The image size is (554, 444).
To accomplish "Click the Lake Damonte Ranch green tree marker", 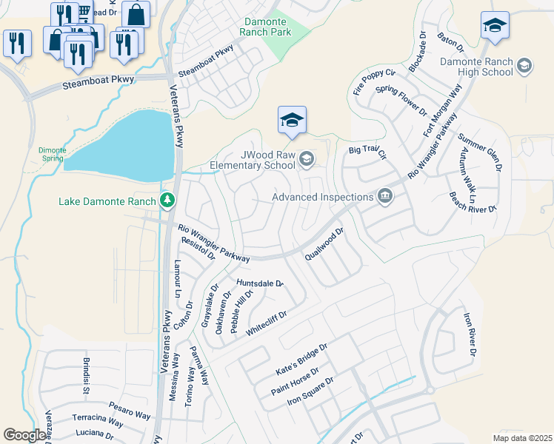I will point(168,201).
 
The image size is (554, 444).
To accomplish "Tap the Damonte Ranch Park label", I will point(267,28).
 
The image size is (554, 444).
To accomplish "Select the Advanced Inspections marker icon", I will point(384,197).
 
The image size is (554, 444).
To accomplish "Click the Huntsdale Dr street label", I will point(260,283).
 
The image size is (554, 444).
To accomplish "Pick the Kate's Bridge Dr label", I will point(301,357).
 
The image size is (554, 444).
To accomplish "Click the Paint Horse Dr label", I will point(295,380).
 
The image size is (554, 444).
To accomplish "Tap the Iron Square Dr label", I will point(310,391).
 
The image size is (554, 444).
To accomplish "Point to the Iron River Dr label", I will point(470,333).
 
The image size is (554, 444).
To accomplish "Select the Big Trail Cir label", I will point(368,152).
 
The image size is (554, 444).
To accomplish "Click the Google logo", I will point(24,435).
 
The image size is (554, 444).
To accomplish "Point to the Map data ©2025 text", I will point(522,438).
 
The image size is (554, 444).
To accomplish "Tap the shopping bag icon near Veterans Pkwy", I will point(136,14).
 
